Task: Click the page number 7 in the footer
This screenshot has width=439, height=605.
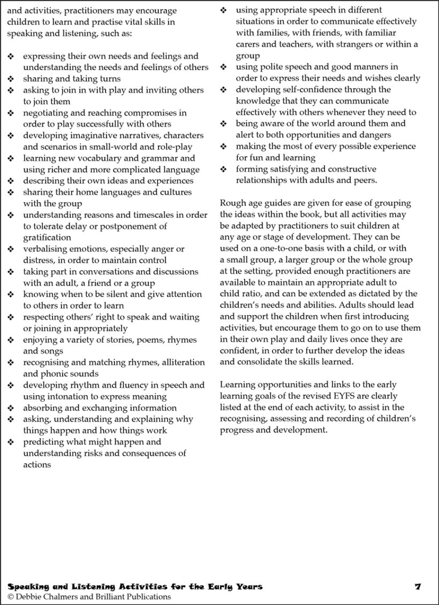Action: click(x=418, y=587)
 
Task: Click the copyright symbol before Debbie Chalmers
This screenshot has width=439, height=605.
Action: click(x=11, y=596)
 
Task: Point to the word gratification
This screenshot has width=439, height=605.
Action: click(x=47, y=238)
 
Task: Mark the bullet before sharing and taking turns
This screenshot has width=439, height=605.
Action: click(x=11, y=79)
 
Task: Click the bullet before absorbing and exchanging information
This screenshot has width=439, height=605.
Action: click(x=11, y=408)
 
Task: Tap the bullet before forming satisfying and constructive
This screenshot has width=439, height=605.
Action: click(x=224, y=170)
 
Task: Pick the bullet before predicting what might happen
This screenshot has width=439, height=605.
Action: click(x=11, y=442)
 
